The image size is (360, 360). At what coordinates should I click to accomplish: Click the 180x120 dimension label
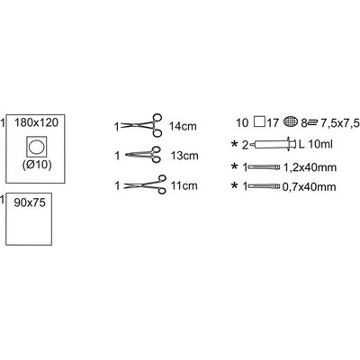point(36,122)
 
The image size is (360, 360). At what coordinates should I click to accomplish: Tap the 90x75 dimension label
point(30,202)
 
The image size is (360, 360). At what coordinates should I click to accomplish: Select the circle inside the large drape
point(37,147)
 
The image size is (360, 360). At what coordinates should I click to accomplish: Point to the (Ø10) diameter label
point(37,166)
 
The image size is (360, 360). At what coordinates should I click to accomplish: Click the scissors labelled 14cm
point(141,125)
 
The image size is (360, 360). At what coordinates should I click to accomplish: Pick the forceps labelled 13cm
point(143,155)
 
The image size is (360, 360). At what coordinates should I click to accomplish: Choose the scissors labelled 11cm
point(145,184)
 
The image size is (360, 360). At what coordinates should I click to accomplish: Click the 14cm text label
point(183,126)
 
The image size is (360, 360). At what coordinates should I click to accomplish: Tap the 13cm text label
point(184,156)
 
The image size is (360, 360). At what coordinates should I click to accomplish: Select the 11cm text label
point(184,185)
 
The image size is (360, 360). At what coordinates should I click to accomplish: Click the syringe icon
point(273,144)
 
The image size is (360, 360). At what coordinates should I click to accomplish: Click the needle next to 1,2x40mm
point(264,167)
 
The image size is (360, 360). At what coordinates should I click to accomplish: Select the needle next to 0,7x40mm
point(264,186)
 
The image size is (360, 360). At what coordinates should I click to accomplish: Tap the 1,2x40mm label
point(310,167)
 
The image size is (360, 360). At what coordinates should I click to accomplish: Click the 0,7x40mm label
point(309,187)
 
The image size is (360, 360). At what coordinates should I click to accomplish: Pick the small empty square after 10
point(259,121)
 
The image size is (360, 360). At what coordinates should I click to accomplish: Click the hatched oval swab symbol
point(291,121)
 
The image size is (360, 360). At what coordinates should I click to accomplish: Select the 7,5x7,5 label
point(340,123)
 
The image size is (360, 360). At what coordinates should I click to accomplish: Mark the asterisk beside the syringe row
point(234,144)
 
